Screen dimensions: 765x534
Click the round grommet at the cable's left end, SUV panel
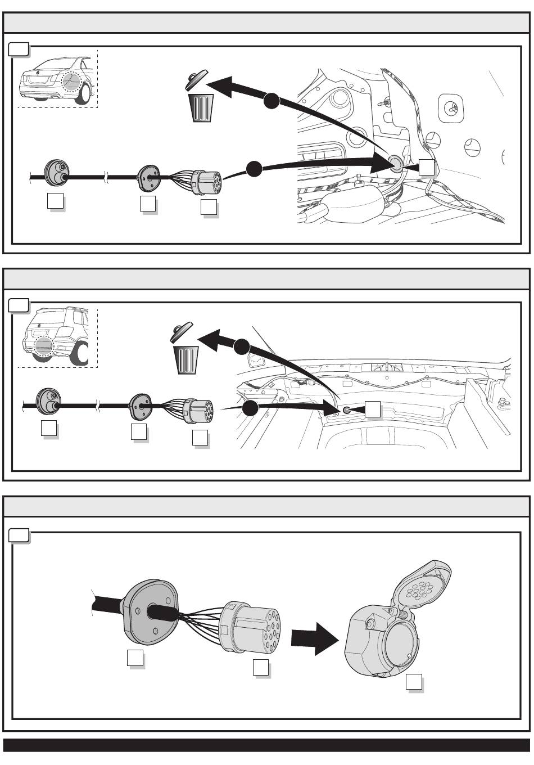(47, 400)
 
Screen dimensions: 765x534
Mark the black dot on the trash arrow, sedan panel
(271, 101)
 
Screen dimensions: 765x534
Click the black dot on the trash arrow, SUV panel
(242, 347)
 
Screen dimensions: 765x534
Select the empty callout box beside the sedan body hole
(427, 166)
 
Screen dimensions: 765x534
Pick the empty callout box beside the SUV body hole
(373, 409)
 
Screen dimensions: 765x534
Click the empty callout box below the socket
(414, 682)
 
